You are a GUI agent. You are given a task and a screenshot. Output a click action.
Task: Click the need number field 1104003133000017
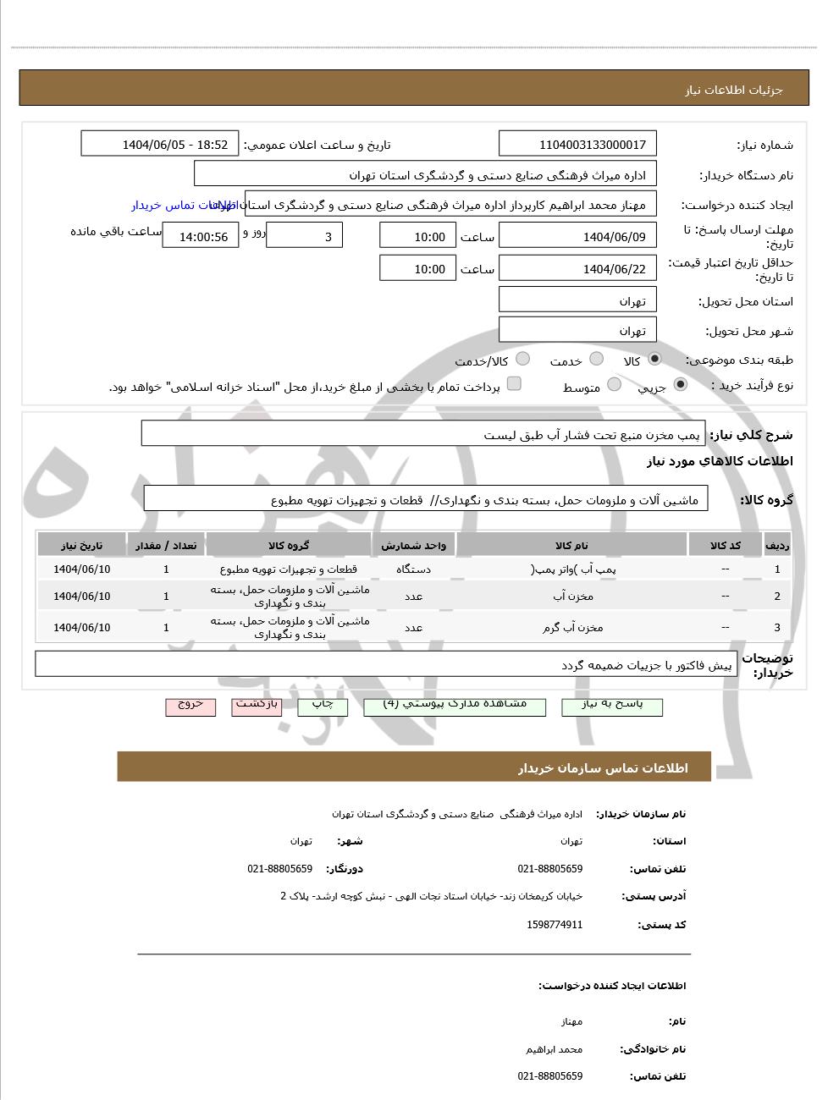tap(577, 145)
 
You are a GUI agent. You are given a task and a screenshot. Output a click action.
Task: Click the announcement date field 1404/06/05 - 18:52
tap(160, 145)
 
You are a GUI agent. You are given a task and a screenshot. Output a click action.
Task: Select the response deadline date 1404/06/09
tap(577, 236)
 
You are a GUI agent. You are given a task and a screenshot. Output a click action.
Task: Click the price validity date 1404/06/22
tap(577, 269)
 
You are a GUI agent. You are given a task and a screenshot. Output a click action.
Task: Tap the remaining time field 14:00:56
tap(203, 237)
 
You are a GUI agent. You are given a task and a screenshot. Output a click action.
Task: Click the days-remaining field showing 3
tap(304, 236)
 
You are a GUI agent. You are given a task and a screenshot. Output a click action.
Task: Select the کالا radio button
tap(654, 359)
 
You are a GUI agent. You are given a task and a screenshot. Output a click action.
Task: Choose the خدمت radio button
tap(596, 359)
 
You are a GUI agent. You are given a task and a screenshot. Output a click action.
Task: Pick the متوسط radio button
tap(615, 385)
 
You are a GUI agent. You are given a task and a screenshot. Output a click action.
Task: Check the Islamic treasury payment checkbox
tap(514, 384)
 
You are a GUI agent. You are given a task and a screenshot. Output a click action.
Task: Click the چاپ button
tap(323, 706)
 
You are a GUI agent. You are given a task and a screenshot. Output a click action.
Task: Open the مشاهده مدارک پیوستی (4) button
tap(455, 706)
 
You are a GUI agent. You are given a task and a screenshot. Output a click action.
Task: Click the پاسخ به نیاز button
tap(611, 706)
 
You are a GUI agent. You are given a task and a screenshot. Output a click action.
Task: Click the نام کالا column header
tap(571, 546)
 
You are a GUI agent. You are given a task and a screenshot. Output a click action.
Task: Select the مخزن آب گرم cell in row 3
tap(572, 627)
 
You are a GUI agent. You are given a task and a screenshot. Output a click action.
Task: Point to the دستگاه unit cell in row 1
tap(413, 569)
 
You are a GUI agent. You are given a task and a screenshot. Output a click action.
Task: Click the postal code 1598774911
tap(555, 925)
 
